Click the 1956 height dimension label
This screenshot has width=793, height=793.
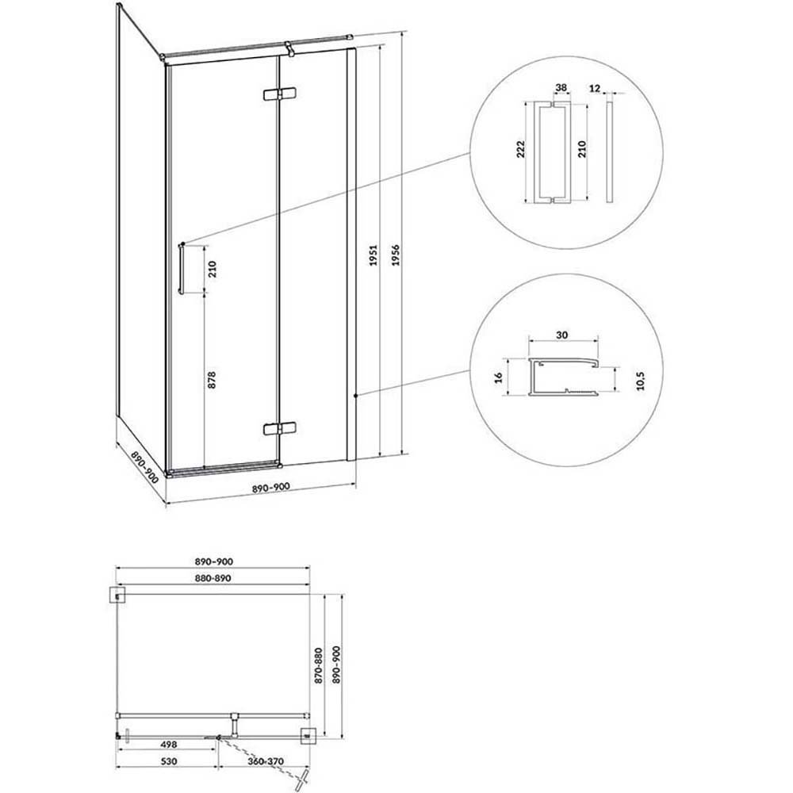click(396, 255)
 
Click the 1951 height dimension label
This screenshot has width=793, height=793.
click(374, 255)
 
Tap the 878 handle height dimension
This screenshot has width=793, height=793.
click(212, 380)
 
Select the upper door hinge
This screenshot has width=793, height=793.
click(280, 94)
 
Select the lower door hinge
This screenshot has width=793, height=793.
click(280, 429)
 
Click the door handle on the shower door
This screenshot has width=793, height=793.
click(181, 268)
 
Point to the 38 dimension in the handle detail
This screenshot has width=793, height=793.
click(561, 88)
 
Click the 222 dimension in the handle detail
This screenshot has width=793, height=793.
click(520, 150)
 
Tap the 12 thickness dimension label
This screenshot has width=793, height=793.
click(594, 89)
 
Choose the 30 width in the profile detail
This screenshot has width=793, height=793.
click(562, 335)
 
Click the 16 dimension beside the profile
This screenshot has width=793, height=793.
click(498, 377)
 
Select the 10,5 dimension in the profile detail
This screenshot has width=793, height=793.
click(641, 381)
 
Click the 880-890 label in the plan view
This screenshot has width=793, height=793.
click(213, 578)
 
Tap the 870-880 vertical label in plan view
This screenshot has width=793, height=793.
click(318, 665)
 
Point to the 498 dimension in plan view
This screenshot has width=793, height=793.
click(168, 745)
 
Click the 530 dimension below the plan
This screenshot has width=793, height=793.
click(168, 761)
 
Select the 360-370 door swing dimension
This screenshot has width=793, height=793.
click(266, 761)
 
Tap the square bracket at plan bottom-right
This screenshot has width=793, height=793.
click(308, 737)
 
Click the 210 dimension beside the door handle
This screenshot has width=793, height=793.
click(212, 269)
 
